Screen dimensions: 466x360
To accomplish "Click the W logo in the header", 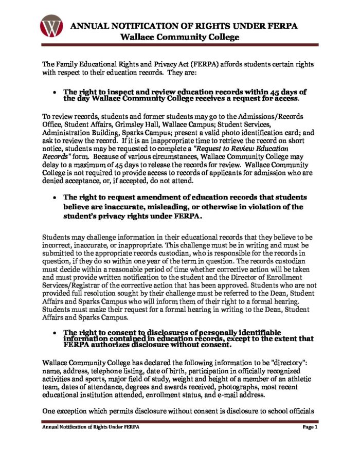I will click(51, 26).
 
